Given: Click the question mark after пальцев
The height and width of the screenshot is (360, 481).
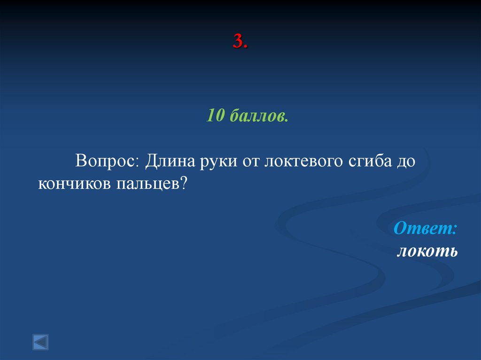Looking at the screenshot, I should click(x=184, y=183).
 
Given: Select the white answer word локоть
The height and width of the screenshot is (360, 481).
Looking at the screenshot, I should click(x=427, y=251).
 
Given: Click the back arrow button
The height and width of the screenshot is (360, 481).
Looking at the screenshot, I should click(x=40, y=341).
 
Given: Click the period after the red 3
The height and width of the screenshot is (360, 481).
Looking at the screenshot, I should click(x=246, y=47).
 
